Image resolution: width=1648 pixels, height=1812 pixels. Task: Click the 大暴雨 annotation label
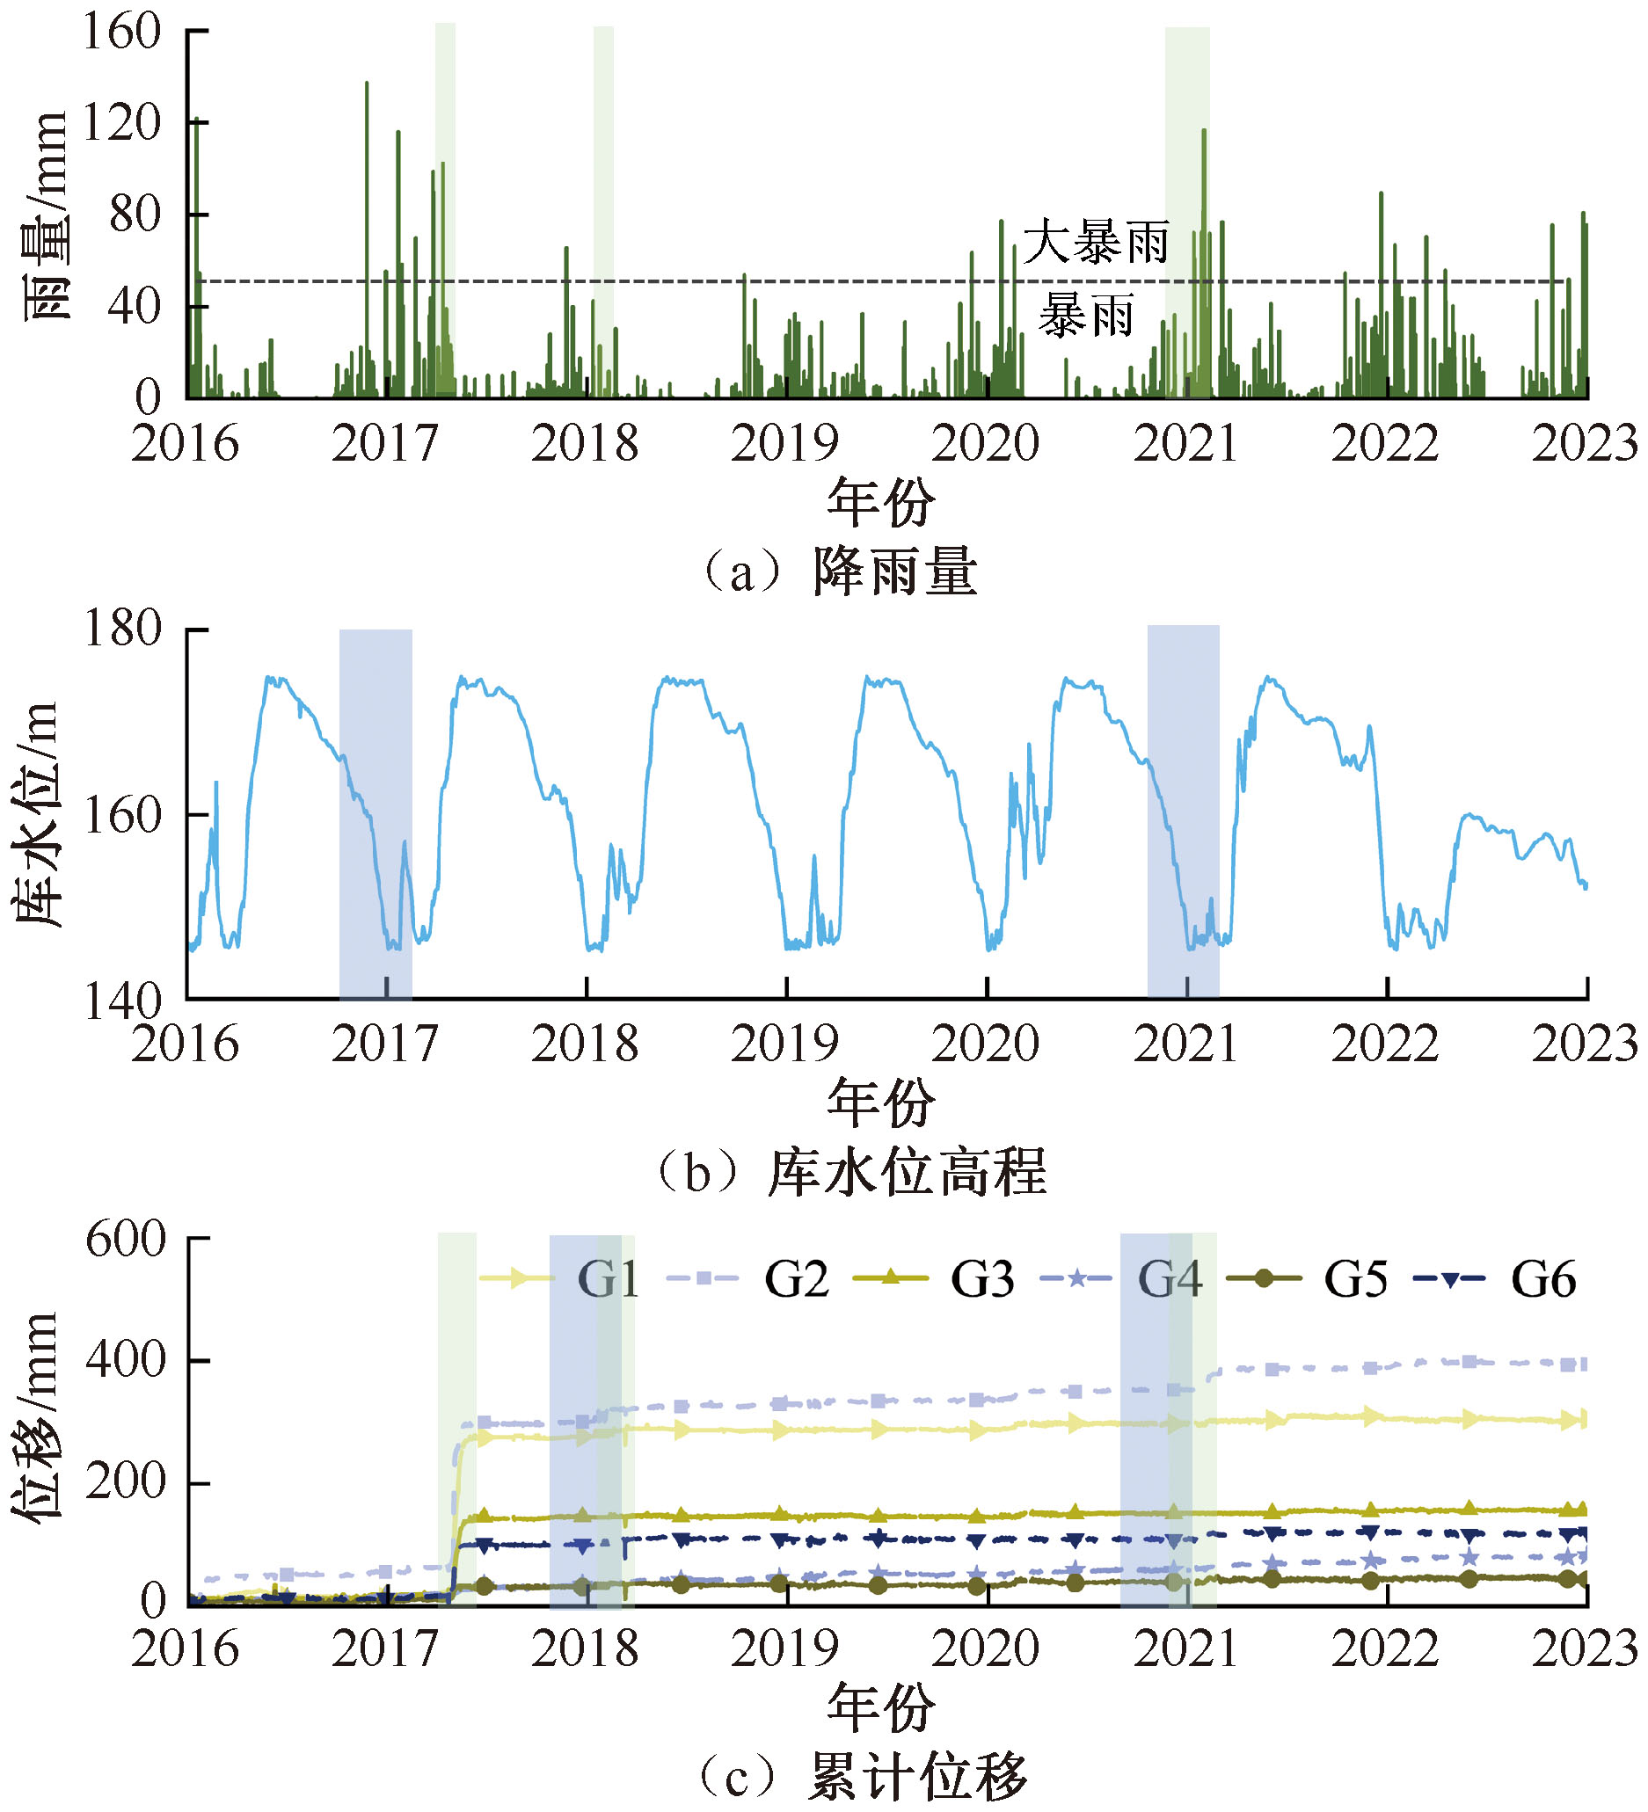1096,242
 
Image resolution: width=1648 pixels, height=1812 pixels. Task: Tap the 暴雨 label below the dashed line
1086,317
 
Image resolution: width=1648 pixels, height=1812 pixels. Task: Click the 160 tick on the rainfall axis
121,32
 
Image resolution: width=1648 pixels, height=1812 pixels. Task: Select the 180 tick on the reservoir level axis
121,629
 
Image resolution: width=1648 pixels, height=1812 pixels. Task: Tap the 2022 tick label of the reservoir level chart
1384,1044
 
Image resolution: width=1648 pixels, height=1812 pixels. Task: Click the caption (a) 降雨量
841,572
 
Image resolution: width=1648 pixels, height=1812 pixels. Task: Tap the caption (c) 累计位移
861,1777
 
